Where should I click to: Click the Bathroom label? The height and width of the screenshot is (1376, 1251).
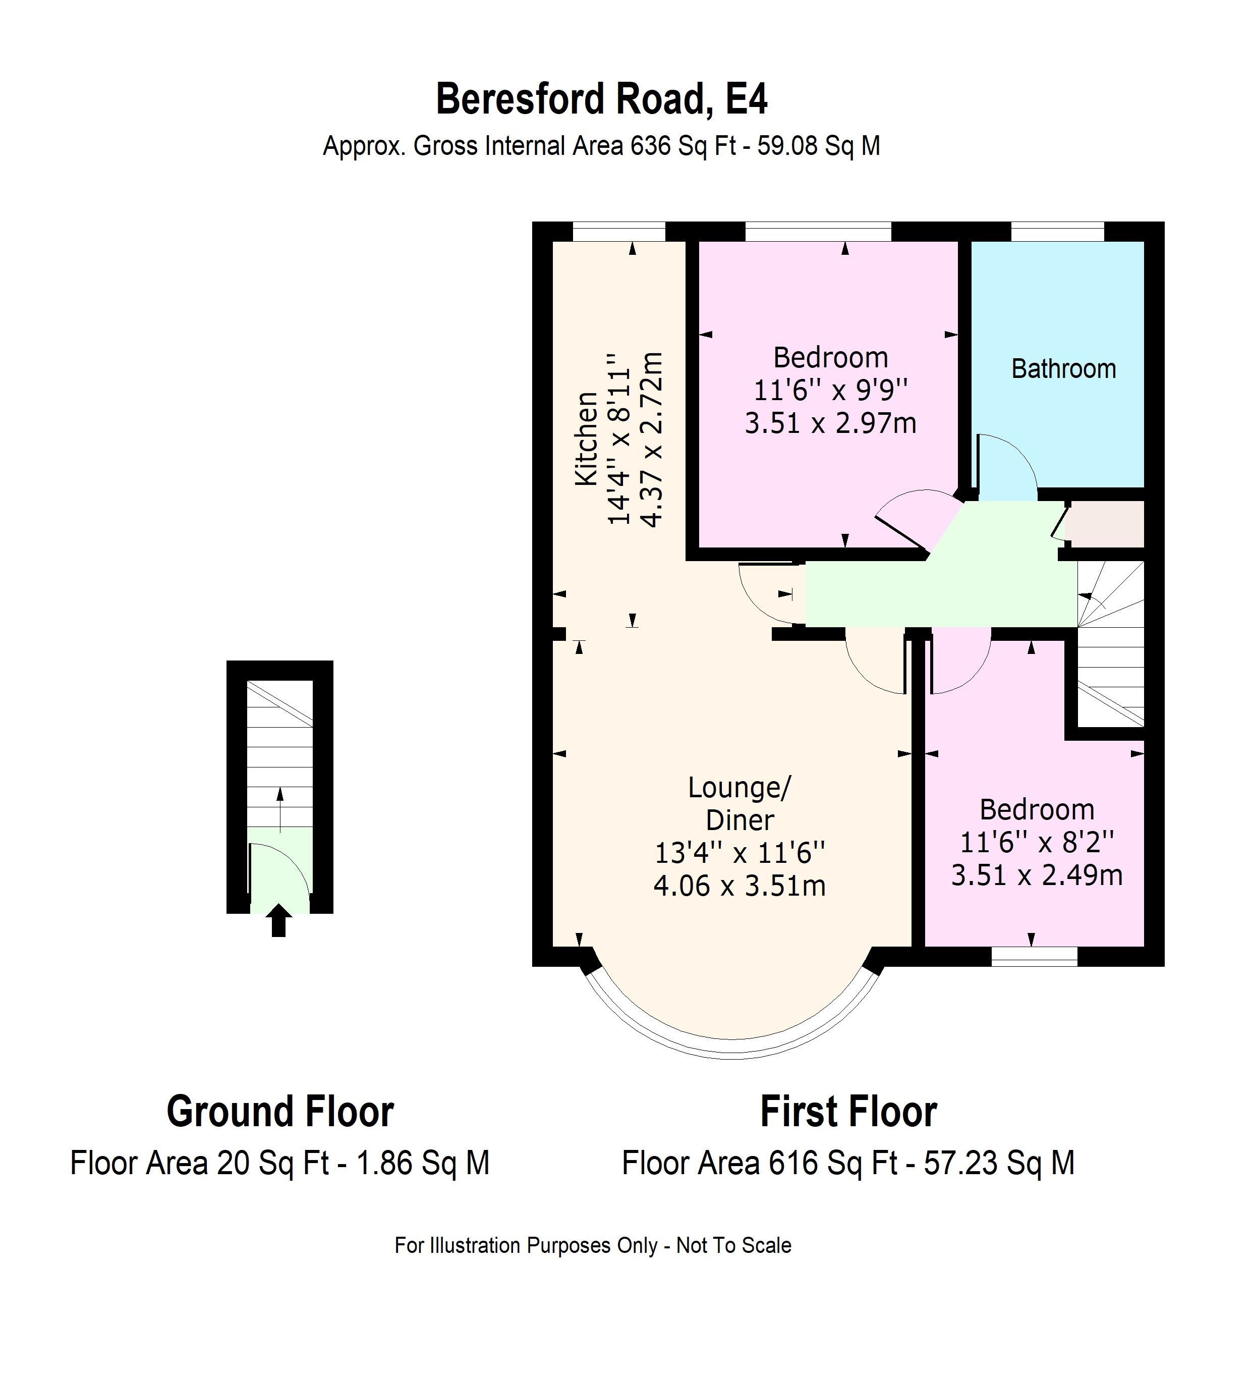(1063, 369)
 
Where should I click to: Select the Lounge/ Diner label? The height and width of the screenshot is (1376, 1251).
(739, 803)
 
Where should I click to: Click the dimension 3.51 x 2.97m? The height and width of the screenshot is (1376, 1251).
(830, 423)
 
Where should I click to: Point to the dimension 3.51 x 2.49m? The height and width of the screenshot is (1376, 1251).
(1036, 875)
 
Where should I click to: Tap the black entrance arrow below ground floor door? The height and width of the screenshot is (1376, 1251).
(278, 920)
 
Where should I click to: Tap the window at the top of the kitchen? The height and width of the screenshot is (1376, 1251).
(618, 232)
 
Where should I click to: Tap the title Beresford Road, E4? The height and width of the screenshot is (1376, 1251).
(601, 99)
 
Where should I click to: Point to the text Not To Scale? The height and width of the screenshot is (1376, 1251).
(733, 1246)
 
